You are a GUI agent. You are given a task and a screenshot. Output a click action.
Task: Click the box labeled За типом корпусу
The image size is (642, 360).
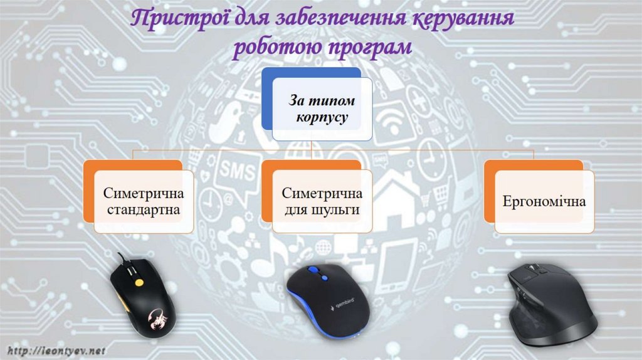tap(321, 108)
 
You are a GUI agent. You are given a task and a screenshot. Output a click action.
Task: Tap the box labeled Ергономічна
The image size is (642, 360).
tap(544, 202)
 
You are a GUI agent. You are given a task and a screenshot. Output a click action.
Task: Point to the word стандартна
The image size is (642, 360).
tap(143, 209)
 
